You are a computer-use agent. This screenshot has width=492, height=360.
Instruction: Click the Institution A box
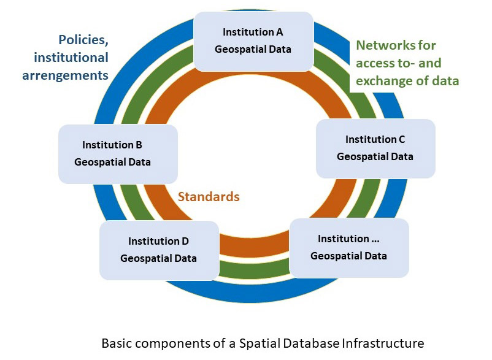coord(253,40)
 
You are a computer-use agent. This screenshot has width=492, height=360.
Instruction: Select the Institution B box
coord(118,154)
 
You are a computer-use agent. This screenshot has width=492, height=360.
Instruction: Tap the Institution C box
coord(375,148)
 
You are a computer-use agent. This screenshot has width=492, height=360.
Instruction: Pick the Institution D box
coord(159,250)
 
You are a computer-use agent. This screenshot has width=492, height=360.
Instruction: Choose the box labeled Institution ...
coord(348,247)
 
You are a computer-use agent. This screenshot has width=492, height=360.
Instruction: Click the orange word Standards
coord(209,197)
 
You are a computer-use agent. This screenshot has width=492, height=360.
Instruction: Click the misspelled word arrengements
coord(66,75)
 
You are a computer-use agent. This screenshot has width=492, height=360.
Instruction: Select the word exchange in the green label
coord(383,80)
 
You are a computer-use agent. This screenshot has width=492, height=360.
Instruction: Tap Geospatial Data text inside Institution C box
coord(375,156)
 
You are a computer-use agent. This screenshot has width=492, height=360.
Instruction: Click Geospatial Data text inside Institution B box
coord(112,163)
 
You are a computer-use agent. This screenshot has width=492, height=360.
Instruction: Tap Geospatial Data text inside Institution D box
coord(158,258)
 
